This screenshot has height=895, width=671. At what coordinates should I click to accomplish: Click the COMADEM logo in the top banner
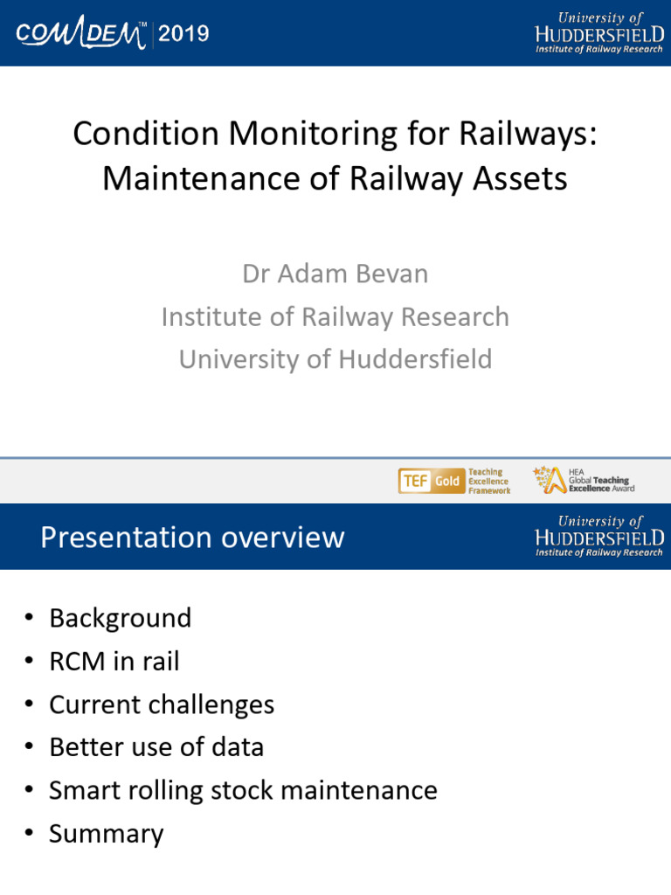pos(83,34)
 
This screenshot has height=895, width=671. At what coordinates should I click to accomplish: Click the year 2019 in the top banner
pos(183,34)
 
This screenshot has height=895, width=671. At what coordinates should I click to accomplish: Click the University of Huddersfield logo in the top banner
pos(598,32)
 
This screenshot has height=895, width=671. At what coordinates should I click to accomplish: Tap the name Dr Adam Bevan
pos(335,274)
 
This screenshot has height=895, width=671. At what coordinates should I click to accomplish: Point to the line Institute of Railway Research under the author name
pos(335,316)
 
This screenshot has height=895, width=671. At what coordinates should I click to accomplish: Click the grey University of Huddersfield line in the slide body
pos(335,359)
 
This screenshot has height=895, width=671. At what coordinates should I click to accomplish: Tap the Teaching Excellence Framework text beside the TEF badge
pos(488,481)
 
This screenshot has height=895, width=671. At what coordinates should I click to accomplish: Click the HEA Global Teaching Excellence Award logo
pos(581,480)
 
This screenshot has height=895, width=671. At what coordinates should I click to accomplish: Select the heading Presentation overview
pos(192,537)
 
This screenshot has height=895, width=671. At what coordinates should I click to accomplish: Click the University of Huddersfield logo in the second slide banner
pos(598,536)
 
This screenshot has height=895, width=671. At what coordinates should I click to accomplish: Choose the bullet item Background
pos(120,618)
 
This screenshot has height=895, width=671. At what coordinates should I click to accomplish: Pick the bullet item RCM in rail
pos(114,662)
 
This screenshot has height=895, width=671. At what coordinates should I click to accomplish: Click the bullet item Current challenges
pos(162,704)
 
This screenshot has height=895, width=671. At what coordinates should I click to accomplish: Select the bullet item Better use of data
pos(156,747)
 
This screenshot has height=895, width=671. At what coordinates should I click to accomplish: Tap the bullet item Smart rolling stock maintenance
pos(243,790)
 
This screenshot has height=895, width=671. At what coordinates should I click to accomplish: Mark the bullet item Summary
pos(106,834)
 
